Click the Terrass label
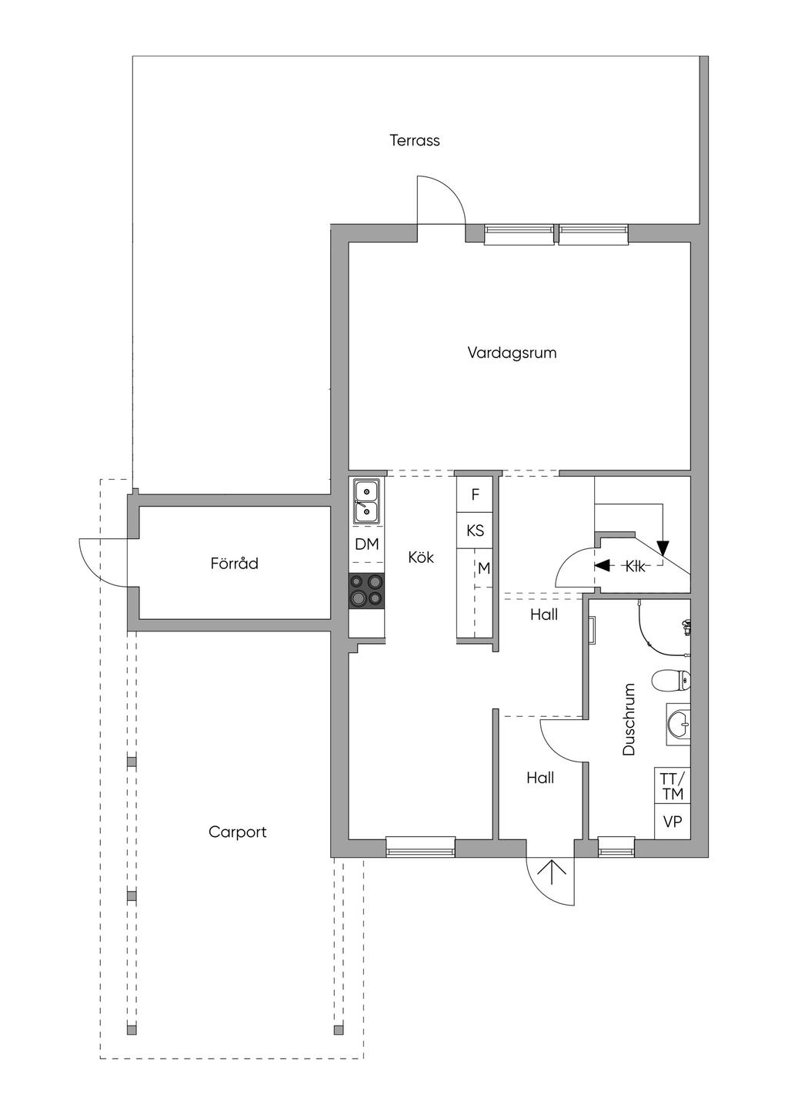point(415,140)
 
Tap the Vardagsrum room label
point(512,353)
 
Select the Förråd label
point(234,563)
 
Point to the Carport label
point(237,832)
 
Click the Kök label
point(421,557)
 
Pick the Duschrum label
point(629,719)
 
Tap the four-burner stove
point(366,591)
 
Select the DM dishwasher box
point(366,544)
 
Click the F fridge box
point(475,495)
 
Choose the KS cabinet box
point(475,531)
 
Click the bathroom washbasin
point(679,725)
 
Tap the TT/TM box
point(672,785)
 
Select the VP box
point(672,822)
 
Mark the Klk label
point(635,566)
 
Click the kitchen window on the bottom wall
point(420,846)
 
